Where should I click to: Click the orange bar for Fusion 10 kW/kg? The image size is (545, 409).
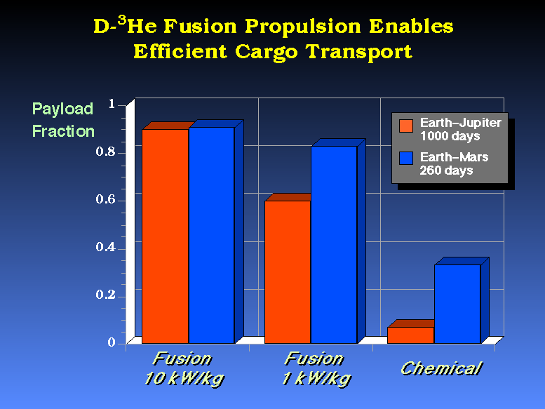click(166, 236)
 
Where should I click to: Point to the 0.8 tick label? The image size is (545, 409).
click(105, 152)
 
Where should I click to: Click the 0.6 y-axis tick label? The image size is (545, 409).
click(105, 199)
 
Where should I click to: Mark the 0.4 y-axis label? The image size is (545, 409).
click(105, 247)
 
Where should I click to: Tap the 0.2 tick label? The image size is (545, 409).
click(105, 295)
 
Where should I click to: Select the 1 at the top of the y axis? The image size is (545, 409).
click(112, 104)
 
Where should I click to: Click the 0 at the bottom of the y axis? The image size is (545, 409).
click(112, 342)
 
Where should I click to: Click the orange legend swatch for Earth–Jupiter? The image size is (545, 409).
click(406, 126)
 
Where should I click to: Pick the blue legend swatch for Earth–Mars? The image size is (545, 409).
click(406, 158)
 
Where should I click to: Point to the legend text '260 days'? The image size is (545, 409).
click(446, 170)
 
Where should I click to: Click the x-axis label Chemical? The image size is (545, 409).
click(441, 368)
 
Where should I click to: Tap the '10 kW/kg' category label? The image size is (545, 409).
click(184, 379)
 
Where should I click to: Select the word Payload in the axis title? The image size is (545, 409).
click(62, 109)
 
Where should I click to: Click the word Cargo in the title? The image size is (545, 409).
click(267, 53)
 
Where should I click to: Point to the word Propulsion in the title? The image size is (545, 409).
click(303, 27)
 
